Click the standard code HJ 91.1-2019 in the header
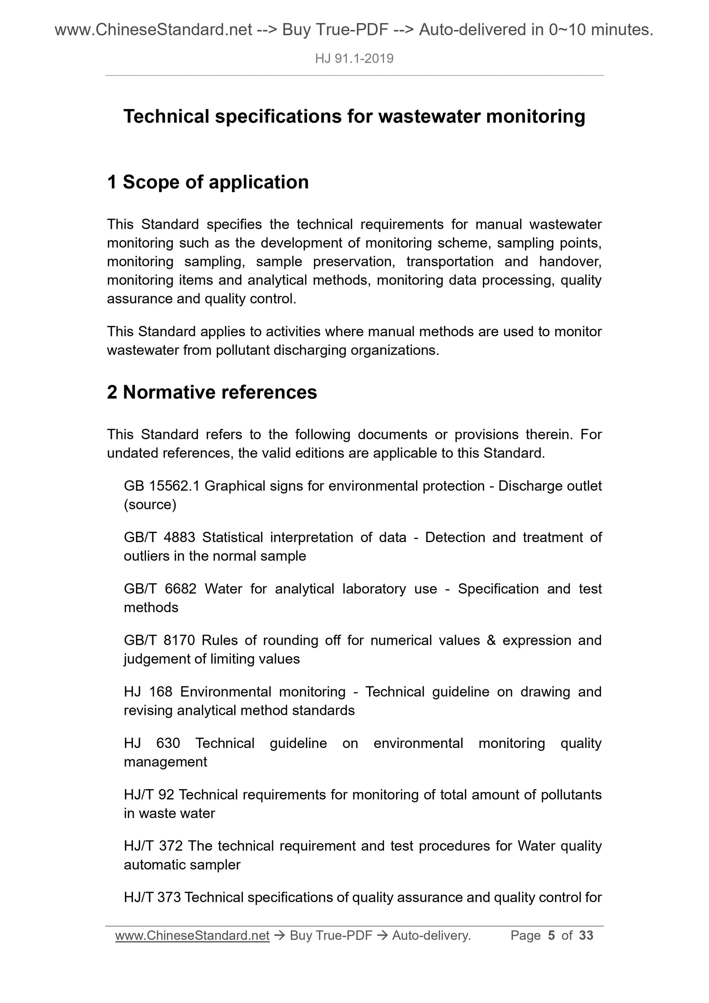(x=354, y=59)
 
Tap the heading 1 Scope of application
(x=208, y=182)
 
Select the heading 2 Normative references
(x=212, y=392)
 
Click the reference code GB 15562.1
(x=162, y=486)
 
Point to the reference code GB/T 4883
(x=160, y=537)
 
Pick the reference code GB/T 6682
(x=160, y=589)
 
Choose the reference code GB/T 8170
(x=160, y=640)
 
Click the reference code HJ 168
(x=148, y=692)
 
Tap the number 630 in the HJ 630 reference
(x=168, y=743)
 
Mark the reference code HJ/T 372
(x=153, y=846)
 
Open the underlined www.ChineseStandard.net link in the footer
(x=192, y=935)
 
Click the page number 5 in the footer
(x=551, y=935)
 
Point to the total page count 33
(x=586, y=935)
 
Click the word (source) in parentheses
(x=150, y=505)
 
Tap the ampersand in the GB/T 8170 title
(x=491, y=640)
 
